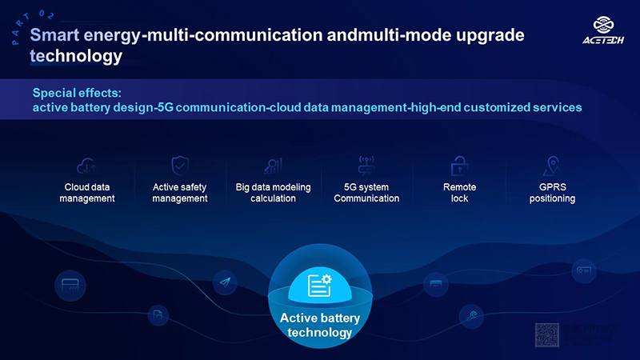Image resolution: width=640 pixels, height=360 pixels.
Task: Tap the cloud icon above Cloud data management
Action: pyautogui.click(x=86, y=166)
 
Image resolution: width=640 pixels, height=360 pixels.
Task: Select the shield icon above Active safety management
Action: pyautogui.click(x=180, y=165)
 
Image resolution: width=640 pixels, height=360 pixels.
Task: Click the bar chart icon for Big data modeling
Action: pyautogui.click(x=274, y=166)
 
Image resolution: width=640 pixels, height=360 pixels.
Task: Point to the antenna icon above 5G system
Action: pyautogui.click(x=366, y=165)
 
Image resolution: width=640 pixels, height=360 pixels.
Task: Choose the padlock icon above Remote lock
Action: pyautogui.click(x=459, y=166)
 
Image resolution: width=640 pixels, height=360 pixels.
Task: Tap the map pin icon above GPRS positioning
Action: pyautogui.click(x=552, y=166)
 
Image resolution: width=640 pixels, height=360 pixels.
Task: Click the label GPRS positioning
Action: pyautogui.click(x=552, y=193)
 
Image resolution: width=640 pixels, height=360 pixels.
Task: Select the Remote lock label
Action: pyautogui.click(x=459, y=193)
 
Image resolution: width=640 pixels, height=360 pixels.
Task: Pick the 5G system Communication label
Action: pyautogui.click(x=366, y=193)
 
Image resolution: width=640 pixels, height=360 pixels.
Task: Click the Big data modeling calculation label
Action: pyautogui.click(x=274, y=193)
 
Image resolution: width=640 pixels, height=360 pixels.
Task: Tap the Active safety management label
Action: pyautogui.click(x=180, y=193)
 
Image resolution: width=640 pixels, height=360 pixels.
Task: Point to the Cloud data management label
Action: pyautogui.click(x=86, y=193)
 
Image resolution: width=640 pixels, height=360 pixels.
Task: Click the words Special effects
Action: pyautogui.click(x=77, y=92)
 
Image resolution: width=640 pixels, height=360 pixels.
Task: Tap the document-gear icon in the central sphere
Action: pyautogui.click(x=320, y=285)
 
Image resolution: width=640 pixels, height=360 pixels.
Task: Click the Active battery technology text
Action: pyautogui.click(x=320, y=325)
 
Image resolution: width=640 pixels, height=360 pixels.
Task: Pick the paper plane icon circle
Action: pyautogui.click(x=225, y=282)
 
